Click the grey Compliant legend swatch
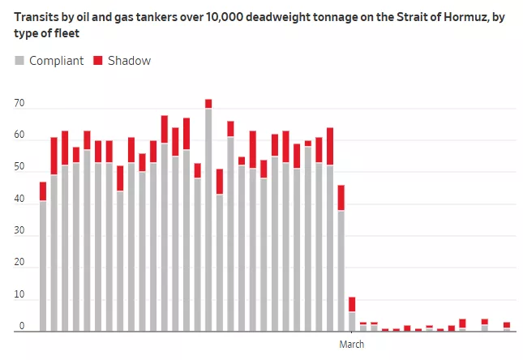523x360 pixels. (x=20, y=61)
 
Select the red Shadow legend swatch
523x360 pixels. (x=98, y=61)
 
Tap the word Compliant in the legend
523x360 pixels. (x=56, y=61)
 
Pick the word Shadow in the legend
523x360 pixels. (x=129, y=61)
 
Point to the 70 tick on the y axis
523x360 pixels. (x=19, y=104)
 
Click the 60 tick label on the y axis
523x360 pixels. (x=19, y=136)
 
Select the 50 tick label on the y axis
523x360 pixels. (x=19, y=168)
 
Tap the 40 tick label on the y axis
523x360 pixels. (x=19, y=199)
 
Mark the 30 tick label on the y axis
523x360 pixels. (x=19, y=232)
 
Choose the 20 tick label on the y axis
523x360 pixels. (x=19, y=264)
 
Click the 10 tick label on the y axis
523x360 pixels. (x=19, y=295)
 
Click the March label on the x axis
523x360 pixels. (x=352, y=345)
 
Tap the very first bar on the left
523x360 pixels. (x=43, y=259)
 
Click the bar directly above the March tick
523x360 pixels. (x=352, y=316)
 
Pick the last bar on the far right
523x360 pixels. (x=507, y=327)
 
